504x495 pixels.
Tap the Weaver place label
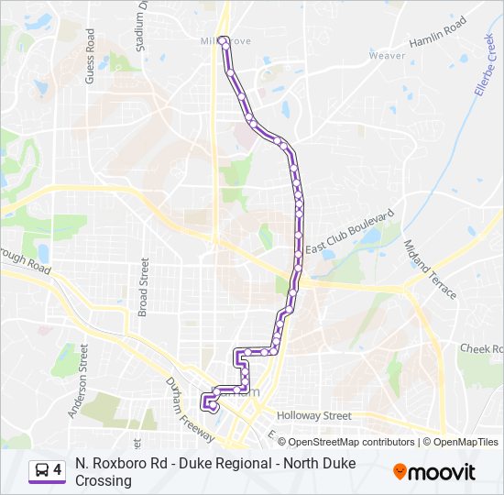387,56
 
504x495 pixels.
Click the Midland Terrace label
431,269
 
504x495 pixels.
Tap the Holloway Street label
313,415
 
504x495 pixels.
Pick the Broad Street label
143,286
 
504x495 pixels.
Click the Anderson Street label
76,380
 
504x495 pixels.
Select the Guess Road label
90,57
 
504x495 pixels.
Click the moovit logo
434,471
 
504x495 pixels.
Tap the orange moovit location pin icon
400,471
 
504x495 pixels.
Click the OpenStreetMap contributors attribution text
339,442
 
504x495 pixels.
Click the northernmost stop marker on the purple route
224,39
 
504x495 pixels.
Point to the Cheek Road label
482,349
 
